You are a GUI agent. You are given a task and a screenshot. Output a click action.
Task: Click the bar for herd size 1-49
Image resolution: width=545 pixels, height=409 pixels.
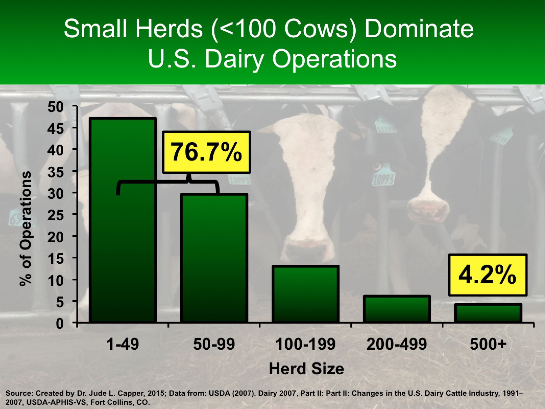123,220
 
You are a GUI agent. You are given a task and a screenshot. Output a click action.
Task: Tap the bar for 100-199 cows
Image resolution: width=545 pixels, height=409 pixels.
305,294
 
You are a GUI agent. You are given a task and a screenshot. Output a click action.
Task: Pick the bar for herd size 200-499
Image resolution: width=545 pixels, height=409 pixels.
397,309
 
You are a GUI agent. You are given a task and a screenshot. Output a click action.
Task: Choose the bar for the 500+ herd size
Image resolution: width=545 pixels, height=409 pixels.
488,313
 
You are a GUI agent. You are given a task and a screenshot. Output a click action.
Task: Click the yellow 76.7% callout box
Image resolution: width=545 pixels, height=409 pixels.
207,153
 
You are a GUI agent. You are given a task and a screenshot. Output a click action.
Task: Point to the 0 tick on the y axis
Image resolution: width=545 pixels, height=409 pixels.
60,323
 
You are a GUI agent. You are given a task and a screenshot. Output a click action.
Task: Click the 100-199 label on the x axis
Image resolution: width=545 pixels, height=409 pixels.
305,344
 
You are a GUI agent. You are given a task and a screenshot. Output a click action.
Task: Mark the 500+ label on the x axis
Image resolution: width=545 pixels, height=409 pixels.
488,344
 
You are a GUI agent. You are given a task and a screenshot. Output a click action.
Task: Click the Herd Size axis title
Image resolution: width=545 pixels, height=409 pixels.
306,369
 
